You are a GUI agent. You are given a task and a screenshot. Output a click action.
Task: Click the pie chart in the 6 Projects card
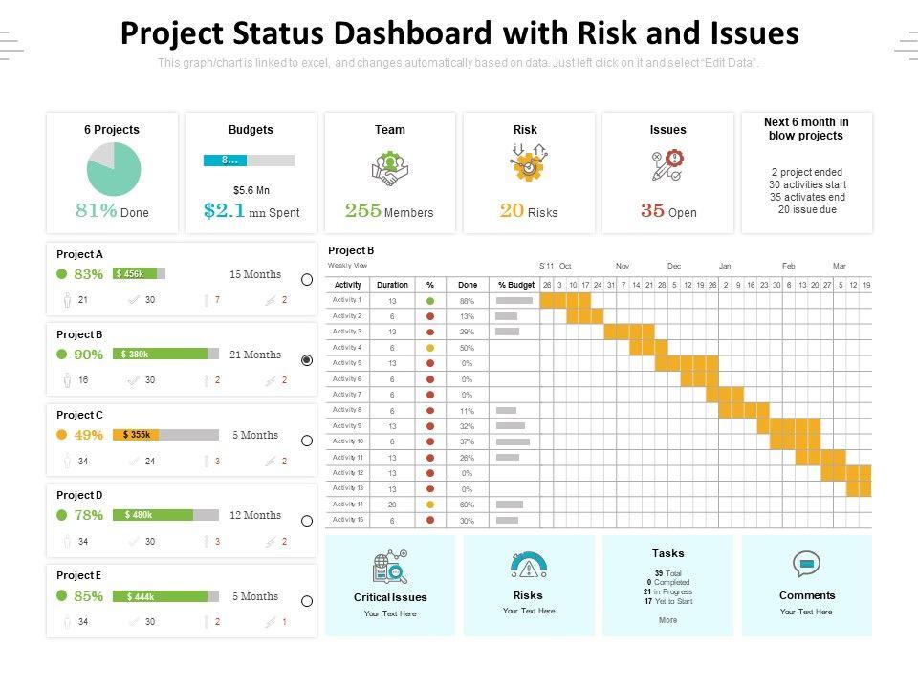[x=114, y=169]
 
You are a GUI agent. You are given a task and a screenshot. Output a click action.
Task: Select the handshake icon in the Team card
[x=389, y=169]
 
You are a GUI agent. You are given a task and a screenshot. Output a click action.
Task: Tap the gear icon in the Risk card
[x=527, y=166]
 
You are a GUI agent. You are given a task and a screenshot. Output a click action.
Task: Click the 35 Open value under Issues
[x=668, y=211]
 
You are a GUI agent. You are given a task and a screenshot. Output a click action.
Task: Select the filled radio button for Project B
[x=307, y=360]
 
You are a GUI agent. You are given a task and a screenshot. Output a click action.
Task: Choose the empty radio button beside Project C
[x=307, y=441]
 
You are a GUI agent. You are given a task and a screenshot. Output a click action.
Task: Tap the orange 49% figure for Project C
[x=88, y=435]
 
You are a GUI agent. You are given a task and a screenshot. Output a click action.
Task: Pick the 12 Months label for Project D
[x=255, y=515]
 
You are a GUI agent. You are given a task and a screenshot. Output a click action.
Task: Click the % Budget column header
[x=515, y=285]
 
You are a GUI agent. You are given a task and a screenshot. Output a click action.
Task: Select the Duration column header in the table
[x=392, y=285]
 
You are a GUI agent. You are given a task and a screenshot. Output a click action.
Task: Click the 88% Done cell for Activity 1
[x=467, y=301]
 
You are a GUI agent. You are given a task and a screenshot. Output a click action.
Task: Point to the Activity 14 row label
[x=347, y=504]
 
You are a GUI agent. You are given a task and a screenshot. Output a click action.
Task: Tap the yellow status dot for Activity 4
[x=430, y=348]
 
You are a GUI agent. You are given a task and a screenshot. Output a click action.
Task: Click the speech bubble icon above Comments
[x=806, y=564]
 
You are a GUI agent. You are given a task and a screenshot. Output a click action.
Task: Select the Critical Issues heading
[x=390, y=597]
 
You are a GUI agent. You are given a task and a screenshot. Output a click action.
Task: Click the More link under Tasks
[x=667, y=620]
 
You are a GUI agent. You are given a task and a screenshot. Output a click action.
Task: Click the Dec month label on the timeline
[x=674, y=266]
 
